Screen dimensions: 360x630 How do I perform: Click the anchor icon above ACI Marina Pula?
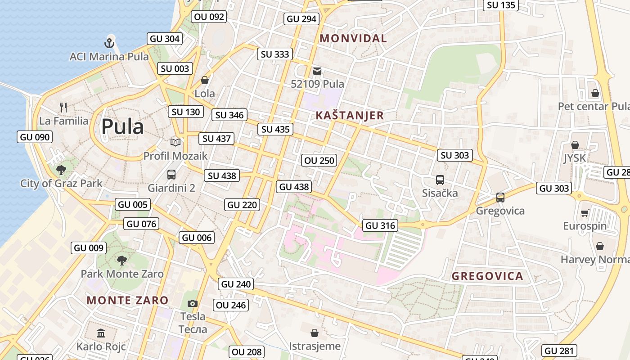click(x=109, y=43)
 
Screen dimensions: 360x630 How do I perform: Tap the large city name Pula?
click(x=122, y=127)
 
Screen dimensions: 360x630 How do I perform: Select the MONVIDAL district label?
click(x=353, y=39)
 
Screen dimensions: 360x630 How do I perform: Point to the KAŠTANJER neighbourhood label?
click(x=350, y=116)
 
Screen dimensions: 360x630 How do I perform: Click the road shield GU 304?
click(x=165, y=39)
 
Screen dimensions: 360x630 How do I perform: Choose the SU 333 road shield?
click(x=275, y=54)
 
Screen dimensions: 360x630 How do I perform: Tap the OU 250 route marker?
click(x=319, y=160)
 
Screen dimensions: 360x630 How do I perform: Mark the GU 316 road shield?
click(x=380, y=225)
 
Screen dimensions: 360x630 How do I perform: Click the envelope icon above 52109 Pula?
click(x=317, y=71)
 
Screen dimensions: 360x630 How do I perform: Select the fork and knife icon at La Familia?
click(x=63, y=108)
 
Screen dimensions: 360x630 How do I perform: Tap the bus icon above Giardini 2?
click(x=171, y=174)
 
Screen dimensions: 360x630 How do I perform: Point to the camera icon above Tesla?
click(x=193, y=303)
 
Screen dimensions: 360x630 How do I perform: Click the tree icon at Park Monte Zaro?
click(x=121, y=260)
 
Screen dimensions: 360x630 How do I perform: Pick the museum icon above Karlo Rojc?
click(x=101, y=333)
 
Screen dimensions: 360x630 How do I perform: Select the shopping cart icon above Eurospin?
click(x=585, y=213)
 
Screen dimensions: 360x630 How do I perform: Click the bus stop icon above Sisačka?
click(x=440, y=180)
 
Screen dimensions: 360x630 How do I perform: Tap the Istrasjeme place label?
click(x=315, y=346)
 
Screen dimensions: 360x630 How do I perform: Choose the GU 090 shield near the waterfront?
click(x=35, y=137)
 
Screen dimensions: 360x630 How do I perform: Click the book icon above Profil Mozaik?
click(x=175, y=143)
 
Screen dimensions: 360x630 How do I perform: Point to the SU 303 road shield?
click(x=455, y=155)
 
